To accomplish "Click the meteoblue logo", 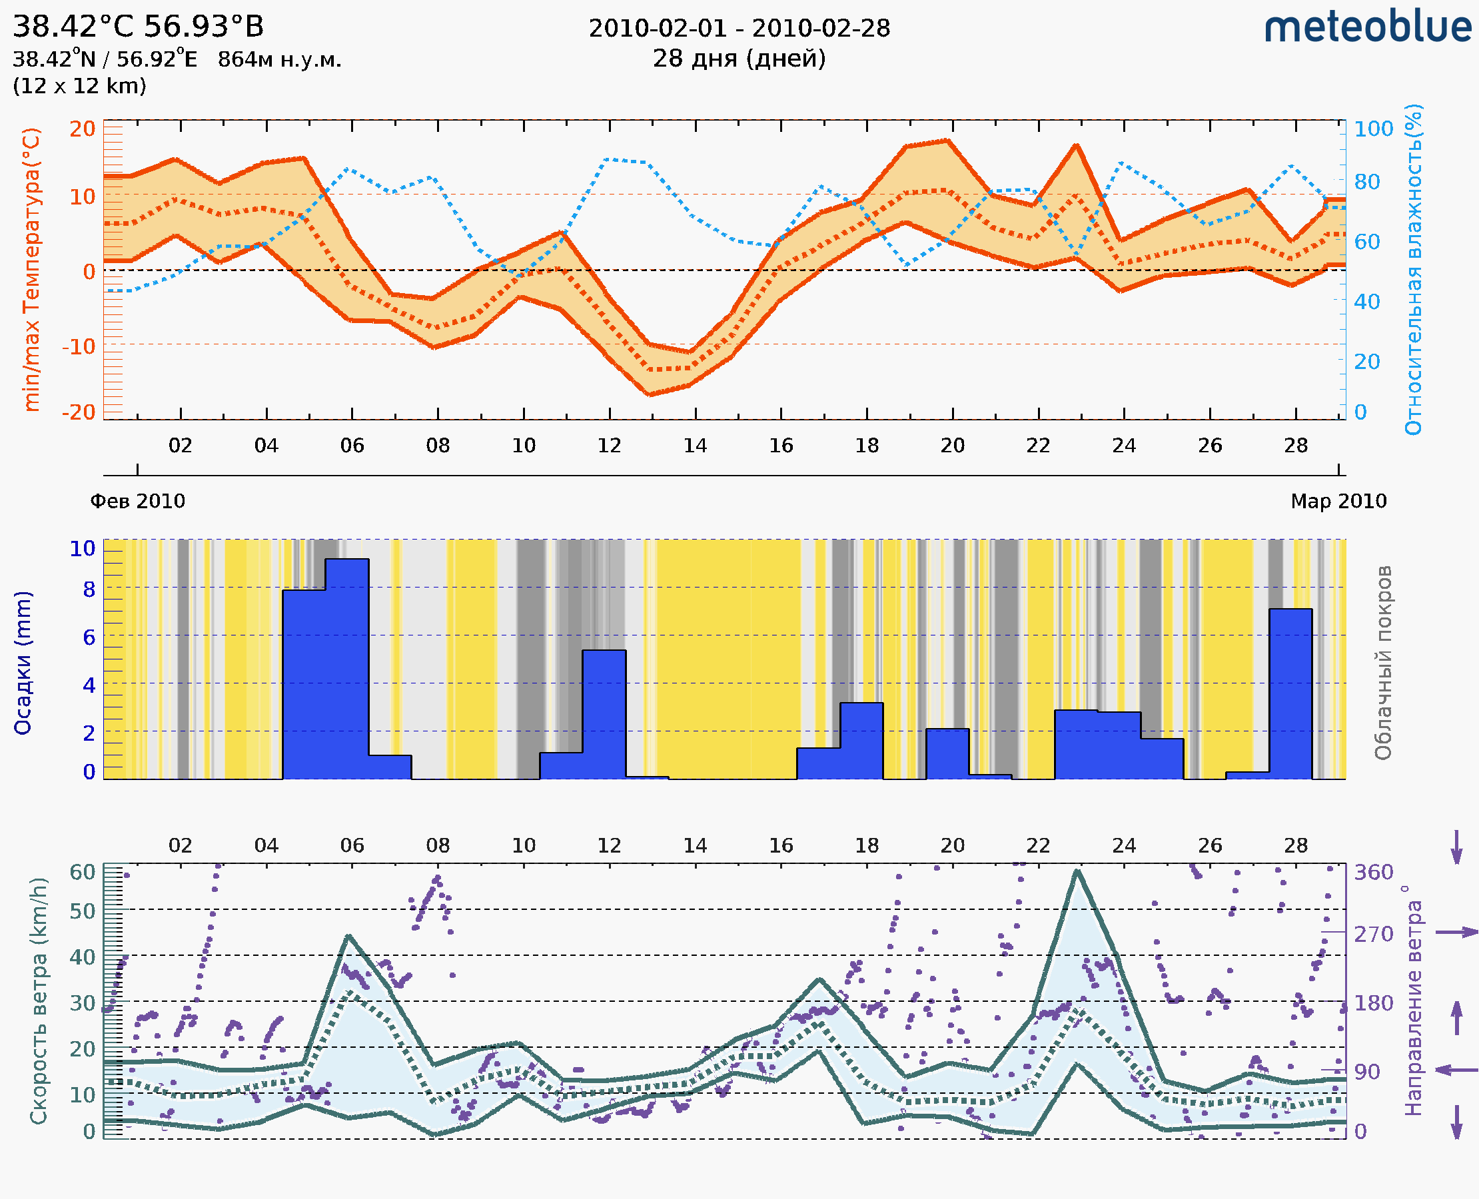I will pos(1367,27).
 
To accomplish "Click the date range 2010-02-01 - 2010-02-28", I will pos(739,29).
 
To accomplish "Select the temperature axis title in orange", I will pos(31,269).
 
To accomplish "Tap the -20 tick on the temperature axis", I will pos(78,412).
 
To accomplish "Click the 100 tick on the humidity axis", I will pos(1373,129).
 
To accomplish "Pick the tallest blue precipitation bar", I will pos(347,669).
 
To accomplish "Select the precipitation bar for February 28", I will pos(1290,693).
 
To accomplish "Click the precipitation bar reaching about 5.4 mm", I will pos(604,714).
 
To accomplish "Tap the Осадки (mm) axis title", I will pos(23,663).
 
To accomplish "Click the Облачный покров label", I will pos(1383,663).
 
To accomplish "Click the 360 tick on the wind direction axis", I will pos(1373,873).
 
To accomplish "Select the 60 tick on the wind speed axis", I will pos(82,873).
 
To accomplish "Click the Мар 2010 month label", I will pos(1338,501).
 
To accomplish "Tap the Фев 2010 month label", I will pos(137,501).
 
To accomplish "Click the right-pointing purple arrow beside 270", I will pos(1456,933).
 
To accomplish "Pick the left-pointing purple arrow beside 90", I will pos(1456,1070).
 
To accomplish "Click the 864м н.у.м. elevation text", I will pos(279,60).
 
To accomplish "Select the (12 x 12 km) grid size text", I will pos(79,87).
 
